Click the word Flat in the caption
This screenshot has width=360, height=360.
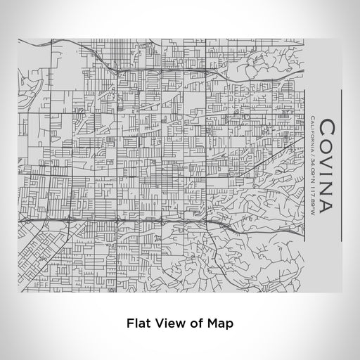(139, 324)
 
